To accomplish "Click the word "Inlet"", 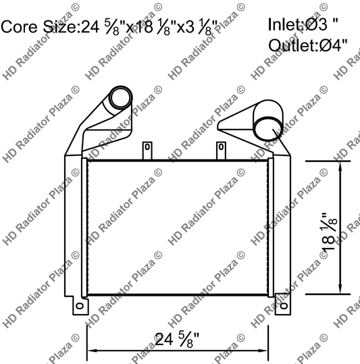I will click(283, 25).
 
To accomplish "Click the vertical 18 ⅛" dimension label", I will click(330, 231).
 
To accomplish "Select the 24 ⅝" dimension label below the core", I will click(178, 340).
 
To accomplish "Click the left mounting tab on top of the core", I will click(146, 149).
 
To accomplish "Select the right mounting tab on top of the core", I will click(220, 149).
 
